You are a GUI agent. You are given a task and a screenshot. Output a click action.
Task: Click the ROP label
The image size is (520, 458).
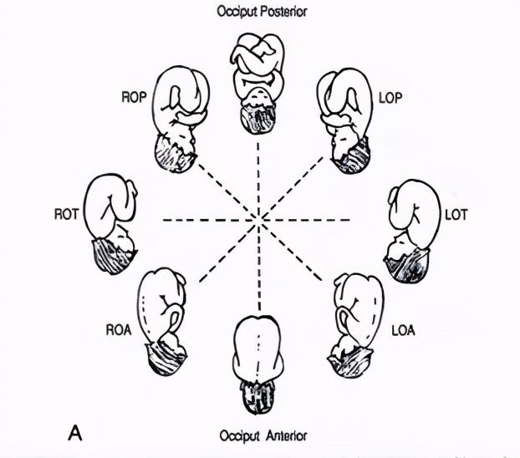coord(134,97)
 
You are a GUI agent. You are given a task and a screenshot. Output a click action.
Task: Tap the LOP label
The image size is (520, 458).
coord(390,98)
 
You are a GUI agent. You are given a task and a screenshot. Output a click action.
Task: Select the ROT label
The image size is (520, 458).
coord(67,214)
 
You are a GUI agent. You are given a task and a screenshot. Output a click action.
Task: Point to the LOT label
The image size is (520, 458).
coord(456,215)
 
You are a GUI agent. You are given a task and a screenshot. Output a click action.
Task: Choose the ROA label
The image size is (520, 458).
coord(119,330)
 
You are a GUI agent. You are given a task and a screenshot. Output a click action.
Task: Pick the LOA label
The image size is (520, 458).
coord(403,330)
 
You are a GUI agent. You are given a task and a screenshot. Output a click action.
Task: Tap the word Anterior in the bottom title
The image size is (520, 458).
coord(286,435)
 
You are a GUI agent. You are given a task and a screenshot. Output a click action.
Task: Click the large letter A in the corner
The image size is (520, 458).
coord(75,433)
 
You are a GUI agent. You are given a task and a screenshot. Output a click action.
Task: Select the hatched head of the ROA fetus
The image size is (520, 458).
coord(166,359)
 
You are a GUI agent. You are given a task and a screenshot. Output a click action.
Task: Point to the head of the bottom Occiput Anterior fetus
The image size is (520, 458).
coord(258,396)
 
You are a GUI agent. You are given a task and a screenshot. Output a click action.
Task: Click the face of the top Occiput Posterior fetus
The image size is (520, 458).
coord(257,96)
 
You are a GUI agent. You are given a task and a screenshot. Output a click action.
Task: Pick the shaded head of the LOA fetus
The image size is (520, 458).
coord(351,362)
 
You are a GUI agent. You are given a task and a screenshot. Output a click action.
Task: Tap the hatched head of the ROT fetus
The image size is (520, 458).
coord(113,256)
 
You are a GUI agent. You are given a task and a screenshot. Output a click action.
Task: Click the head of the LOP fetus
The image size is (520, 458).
coord(351,155)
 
